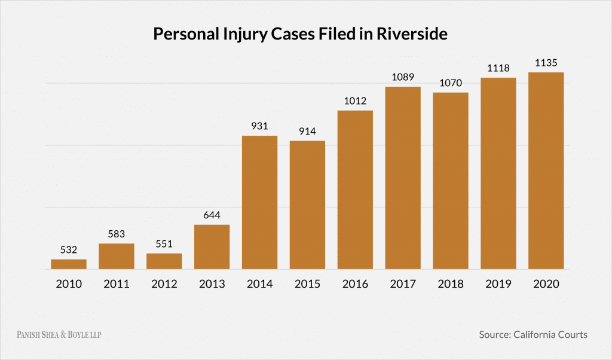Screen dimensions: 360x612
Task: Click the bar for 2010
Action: [69, 264]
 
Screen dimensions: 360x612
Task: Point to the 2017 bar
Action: [403, 178]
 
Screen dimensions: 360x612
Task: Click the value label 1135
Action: [546, 62]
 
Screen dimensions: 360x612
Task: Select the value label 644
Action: [212, 214]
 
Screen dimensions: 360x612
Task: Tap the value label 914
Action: [307, 130]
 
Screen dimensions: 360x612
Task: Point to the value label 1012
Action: [355, 100]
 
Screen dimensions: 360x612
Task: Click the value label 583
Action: [117, 233]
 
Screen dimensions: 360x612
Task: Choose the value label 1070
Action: [451, 83]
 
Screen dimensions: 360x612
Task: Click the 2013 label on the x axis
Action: [212, 284]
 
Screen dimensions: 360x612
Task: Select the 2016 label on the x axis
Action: [355, 284]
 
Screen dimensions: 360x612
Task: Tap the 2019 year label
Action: [498, 284]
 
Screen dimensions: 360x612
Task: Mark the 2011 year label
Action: [117, 284]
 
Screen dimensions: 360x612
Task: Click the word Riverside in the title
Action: [412, 34]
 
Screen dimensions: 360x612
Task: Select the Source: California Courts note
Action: [533, 334]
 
